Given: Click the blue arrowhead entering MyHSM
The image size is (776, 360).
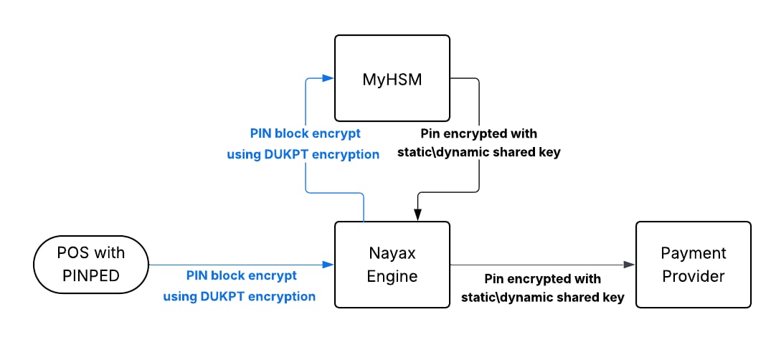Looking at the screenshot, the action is pos(328,77).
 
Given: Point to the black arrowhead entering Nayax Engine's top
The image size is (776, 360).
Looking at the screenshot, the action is pos(417,214).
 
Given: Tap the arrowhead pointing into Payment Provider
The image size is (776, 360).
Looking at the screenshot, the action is pos(629,265).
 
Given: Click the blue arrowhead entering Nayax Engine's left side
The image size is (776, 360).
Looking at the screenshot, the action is pos(328,265).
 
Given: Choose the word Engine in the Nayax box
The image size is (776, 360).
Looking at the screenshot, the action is pos(392,275).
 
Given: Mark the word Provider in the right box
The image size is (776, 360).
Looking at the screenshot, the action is pos(694,275).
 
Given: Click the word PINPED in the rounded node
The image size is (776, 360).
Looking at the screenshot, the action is pos(91,275).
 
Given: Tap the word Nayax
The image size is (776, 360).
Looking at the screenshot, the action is pos(392,254).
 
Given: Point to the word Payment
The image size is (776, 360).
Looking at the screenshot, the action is pos(694,254).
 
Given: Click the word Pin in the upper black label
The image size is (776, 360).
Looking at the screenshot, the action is pos(429,133).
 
